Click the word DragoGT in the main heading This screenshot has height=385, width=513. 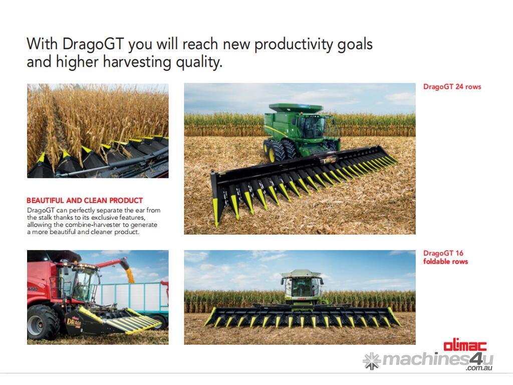(x=93, y=44)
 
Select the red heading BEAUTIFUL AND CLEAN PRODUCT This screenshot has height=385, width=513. (x=85, y=201)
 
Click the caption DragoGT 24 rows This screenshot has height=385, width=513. (x=452, y=87)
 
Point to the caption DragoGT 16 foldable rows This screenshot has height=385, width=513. (x=445, y=257)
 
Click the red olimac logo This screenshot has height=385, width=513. (x=465, y=346)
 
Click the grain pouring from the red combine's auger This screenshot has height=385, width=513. (x=130, y=273)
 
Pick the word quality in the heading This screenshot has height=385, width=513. (x=199, y=62)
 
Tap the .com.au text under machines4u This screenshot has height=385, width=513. (x=479, y=368)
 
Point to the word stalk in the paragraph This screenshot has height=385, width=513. (x=46, y=218)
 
